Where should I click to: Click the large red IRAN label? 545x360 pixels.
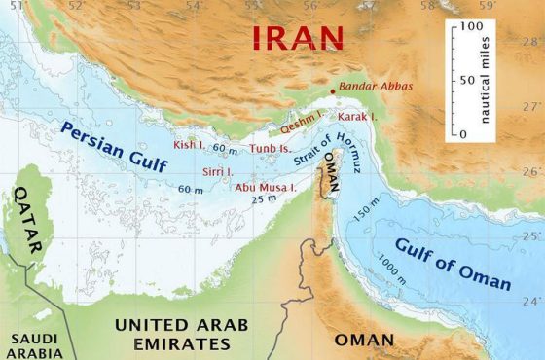pyautogui.click(x=299, y=38)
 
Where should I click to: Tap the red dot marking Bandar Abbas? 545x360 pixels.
pyautogui.click(x=333, y=92)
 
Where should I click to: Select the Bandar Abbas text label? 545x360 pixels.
pyautogui.click(x=376, y=87)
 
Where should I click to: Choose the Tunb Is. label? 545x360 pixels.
pyautogui.click(x=271, y=149)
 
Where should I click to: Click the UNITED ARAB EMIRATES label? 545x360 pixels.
pyautogui.click(x=181, y=333)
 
